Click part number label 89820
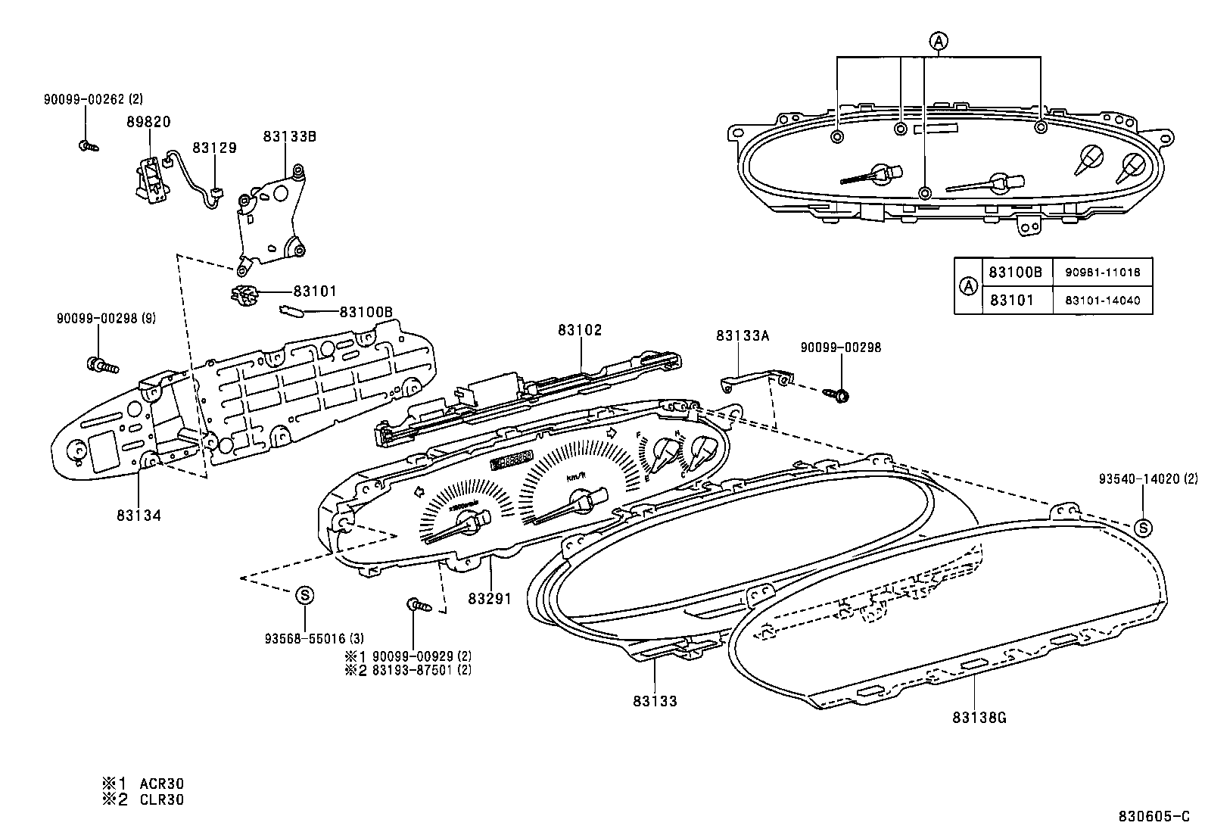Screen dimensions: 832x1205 (148, 122)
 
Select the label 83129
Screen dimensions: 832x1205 (214, 148)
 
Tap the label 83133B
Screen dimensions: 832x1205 (289, 136)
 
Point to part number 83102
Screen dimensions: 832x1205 (580, 330)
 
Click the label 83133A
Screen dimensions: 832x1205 (743, 336)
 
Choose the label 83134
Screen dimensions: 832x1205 (139, 516)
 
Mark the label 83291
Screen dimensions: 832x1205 (490, 599)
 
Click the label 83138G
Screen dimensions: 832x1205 (979, 718)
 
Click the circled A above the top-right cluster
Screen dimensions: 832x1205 (938, 41)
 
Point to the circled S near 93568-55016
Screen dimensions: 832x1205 (304, 595)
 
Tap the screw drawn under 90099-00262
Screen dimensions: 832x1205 (89, 145)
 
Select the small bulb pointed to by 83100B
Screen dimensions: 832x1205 (292, 310)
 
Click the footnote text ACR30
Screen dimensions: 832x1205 (161, 784)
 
